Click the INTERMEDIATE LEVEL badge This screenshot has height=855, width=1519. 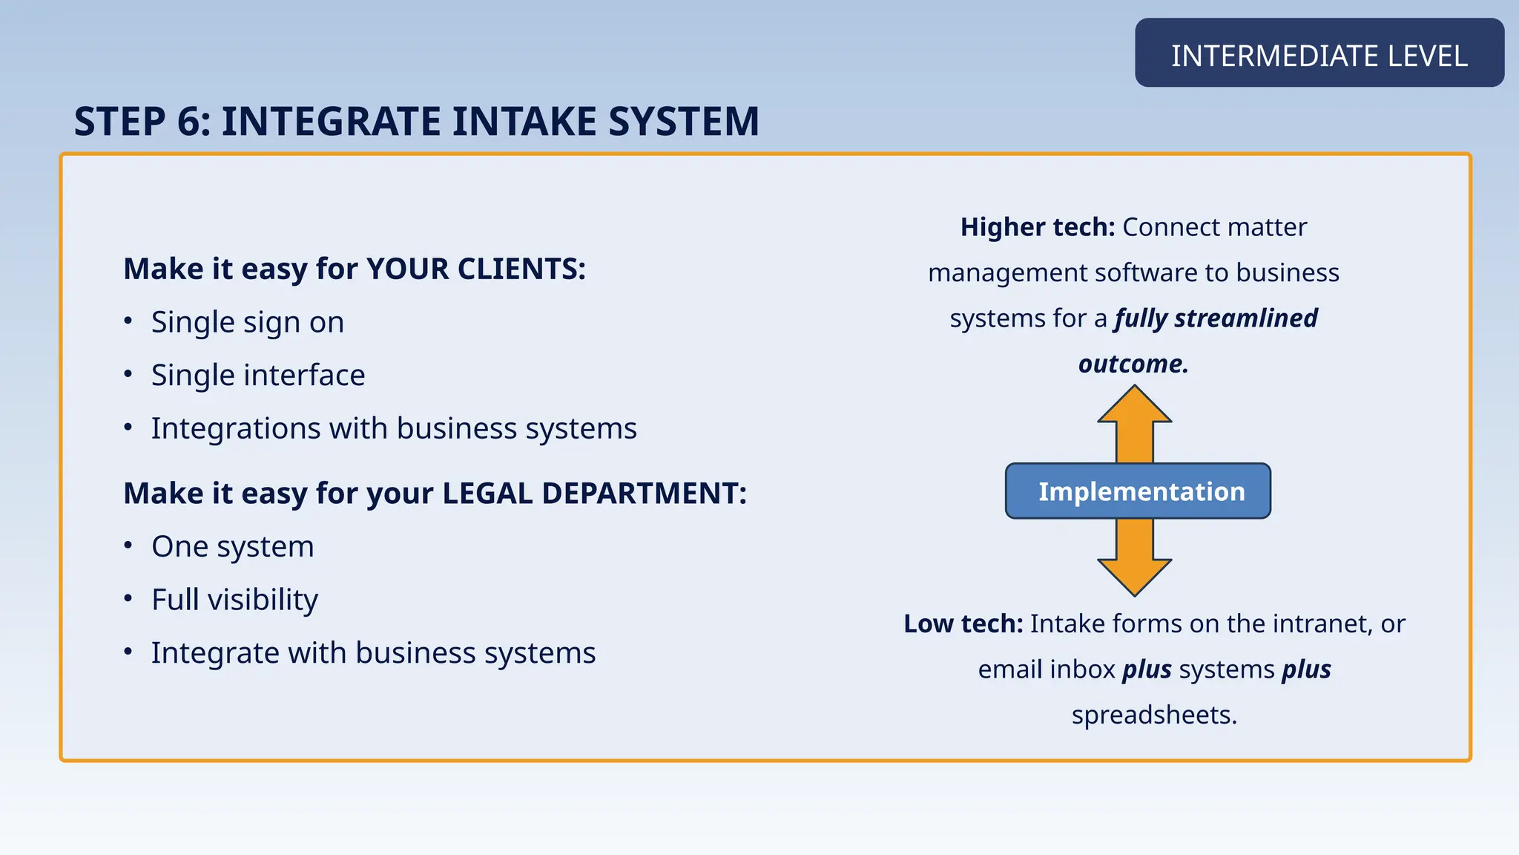click(x=1319, y=56)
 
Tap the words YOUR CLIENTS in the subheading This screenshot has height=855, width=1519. click(x=475, y=269)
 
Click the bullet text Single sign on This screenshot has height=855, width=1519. click(x=248, y=322)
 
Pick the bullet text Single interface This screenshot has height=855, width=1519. click(x=258, y=376)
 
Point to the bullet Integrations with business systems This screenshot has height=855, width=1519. click(x=394, y=428)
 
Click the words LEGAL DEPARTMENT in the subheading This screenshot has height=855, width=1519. click(x=594, y=494)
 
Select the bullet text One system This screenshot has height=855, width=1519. click(x=233, y=547)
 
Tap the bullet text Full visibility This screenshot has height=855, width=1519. click(x=234, y=600)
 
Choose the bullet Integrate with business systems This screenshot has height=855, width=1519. click(x=373, y=653)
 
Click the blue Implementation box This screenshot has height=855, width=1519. click(x=1138, y=491)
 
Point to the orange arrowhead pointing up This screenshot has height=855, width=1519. click(x=1134, y=407)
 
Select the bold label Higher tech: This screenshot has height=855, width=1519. click(x=1037, y=227)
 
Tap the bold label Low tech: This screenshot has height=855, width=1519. click(x=963, y=623)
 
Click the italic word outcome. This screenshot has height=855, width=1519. click(x=1133, y=364)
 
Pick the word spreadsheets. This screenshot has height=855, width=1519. click(x=1154, y=715)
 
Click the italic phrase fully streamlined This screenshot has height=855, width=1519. click(x=1216, y=318)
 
